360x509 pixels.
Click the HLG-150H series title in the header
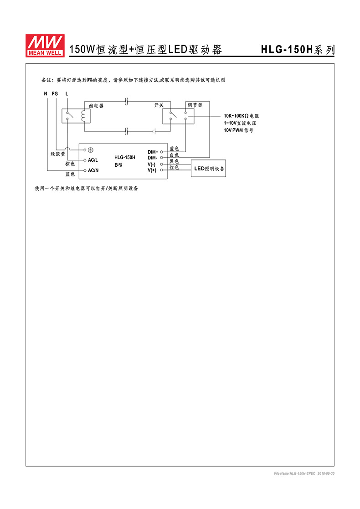point(298,50)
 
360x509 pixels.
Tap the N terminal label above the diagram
point(46,94)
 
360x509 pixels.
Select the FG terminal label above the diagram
point(55,94)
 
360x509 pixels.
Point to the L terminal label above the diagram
point(67,94)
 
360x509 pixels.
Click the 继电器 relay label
point(96,106)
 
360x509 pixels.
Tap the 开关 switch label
point(159,105)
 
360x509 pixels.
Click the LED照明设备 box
point(209,169)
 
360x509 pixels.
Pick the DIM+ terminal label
point(153,152)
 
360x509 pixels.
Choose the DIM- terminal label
point(153,158)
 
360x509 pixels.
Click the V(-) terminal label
point(152,164)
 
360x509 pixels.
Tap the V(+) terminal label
point(152,170)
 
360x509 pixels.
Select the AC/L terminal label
point(93,160)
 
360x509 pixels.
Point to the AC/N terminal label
point(93,170)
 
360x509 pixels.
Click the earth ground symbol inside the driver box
point(91,150)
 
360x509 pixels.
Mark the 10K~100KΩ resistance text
point(241,116)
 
